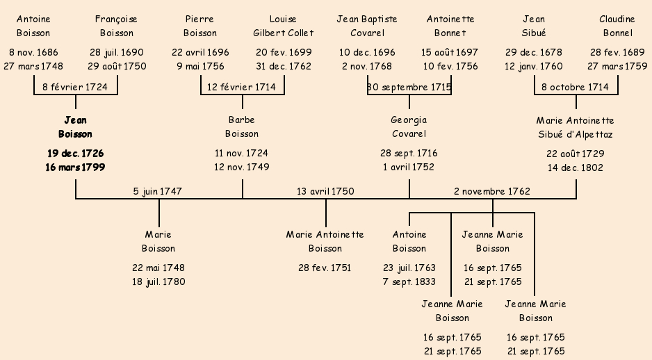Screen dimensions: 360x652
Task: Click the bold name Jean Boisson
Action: coord(75,127)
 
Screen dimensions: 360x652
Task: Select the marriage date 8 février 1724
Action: coord(75,87)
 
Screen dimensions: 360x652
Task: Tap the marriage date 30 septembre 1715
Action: coord(409,87)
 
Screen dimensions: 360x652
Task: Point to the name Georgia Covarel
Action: coord(409,127)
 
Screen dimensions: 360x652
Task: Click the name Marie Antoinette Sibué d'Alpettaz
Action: coord(575,127)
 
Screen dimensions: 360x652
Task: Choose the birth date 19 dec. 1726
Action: coord(75,154)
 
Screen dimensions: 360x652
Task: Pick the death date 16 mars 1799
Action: coord(75,167)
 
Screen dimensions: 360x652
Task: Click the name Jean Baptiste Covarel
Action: coord(367,26)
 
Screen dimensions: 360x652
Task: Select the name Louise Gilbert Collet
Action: coord(284,26)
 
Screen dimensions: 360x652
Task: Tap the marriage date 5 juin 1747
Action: coord(157,191)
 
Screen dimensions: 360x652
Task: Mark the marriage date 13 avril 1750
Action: coord(325,191)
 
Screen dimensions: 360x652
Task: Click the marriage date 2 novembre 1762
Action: coord(492,191)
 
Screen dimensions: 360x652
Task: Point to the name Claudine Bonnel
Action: coord(617,26)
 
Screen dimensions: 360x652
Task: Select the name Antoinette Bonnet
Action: coord(450,26)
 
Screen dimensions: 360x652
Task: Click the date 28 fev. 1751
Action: coord(325,268)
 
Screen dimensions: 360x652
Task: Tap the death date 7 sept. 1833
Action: coord(409,281)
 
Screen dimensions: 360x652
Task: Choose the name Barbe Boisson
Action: coord(242,127)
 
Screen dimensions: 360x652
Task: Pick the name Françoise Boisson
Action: coord(117,26)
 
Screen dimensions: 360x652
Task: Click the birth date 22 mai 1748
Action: coord(158,268)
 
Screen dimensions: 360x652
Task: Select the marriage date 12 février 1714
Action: coord(242,87)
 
